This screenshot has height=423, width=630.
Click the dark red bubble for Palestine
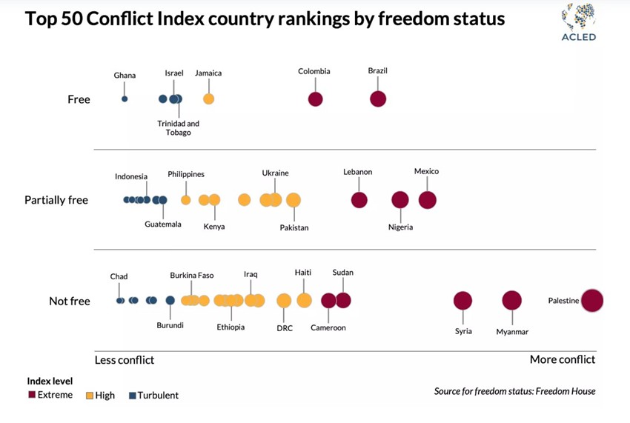(592, 301)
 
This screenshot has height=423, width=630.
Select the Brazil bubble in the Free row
(378, 99)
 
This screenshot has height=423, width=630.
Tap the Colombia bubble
(315, 99)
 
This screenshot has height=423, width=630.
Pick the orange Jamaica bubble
(208, 99)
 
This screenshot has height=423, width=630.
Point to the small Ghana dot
(125, 99)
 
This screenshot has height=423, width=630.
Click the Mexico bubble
(427, 200)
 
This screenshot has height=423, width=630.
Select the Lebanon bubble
(359, 200)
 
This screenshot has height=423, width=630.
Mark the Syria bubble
(462, 301)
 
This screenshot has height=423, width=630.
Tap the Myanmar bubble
(511, 301)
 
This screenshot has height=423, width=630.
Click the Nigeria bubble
(400, 200)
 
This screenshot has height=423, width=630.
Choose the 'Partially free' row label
(56, 200)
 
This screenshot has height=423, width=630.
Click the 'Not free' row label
(70, 301)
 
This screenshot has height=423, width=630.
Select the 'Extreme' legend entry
(50, 395)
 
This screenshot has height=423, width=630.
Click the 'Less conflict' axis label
(125, 360)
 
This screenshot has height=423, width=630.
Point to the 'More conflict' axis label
(562, 360)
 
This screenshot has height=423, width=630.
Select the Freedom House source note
(514, 391)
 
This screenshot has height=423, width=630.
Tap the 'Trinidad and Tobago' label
(178, 128)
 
